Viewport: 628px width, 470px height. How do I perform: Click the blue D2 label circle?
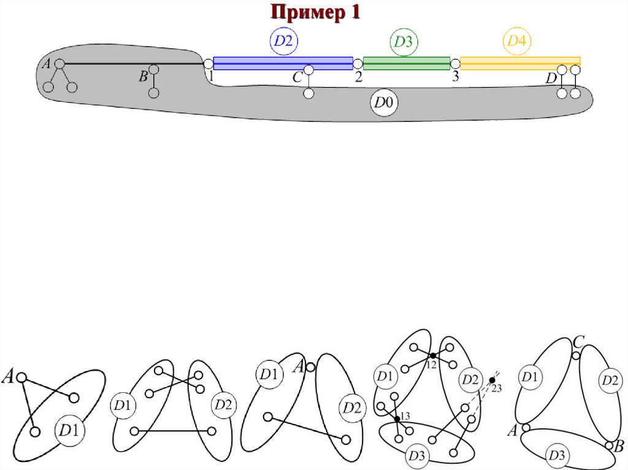(284, 41)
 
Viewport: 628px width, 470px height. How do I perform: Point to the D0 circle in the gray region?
(383, 104)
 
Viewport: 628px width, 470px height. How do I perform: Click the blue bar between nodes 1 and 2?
(283, 63)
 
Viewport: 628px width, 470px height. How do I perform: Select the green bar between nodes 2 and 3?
(406, 63)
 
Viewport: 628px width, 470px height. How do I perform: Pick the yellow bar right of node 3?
(520, 63)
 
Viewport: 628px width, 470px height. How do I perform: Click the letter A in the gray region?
(46, 63)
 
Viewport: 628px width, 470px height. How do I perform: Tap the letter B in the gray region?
(143, 76)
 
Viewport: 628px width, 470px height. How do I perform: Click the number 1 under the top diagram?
(210, 76)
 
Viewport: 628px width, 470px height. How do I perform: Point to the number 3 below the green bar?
(455, 77)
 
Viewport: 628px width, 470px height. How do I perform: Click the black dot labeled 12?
(432, 355)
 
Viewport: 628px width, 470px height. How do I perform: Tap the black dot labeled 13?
(397, 419)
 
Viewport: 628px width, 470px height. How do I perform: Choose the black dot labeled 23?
(492, 381)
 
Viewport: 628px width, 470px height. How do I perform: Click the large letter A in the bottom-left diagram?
(9, 376)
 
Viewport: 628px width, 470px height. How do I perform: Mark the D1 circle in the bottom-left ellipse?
(69, 431)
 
